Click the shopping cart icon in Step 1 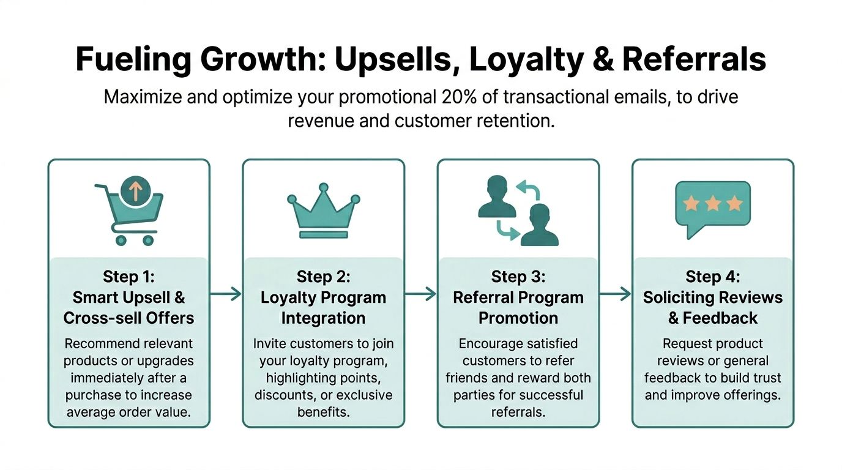[130, 214]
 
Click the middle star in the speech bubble [713, 204]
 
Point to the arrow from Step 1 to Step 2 [225, 294]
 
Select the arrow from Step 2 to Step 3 [420, 294]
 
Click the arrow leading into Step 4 [615, 294]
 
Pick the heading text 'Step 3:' [518, 277]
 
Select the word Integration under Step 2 [323, 318]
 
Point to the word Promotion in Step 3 [518, 318]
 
